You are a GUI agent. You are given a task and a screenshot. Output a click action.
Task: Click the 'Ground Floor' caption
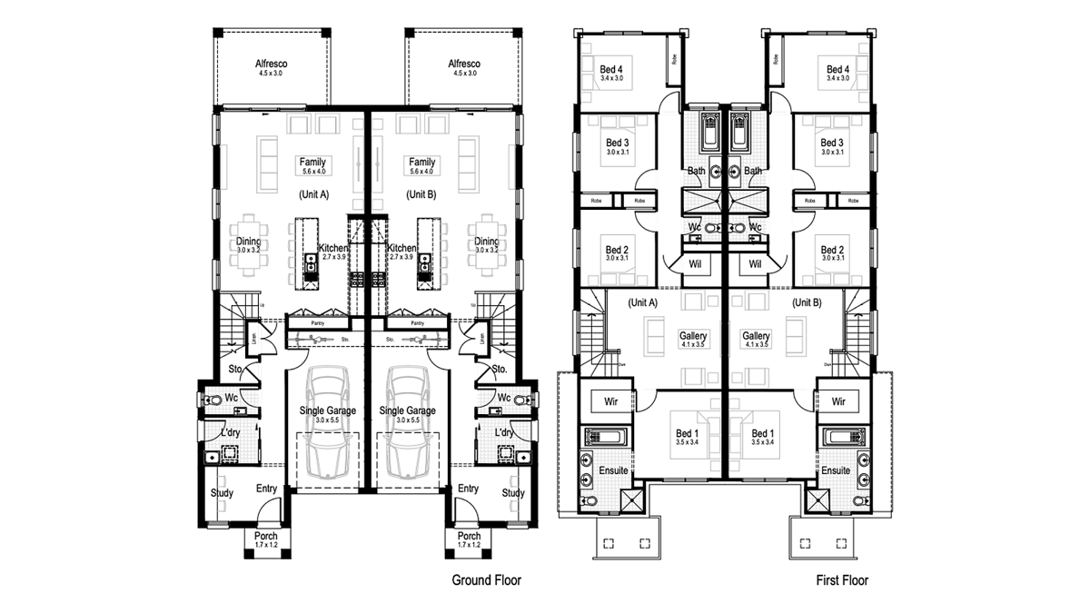[487, 579]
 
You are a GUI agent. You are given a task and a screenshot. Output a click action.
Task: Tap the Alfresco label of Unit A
[272, 64]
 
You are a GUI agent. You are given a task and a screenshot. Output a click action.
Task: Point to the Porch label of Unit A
[266, 536]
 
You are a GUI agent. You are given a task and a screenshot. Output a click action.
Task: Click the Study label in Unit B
[513, 493]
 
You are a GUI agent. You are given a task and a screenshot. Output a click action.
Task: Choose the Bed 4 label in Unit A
[611, 69]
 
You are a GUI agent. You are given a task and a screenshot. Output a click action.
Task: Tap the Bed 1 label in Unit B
[763, 434]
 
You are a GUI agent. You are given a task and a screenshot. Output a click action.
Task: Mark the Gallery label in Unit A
[693, 336]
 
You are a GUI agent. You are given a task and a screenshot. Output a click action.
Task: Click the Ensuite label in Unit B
[836, 470]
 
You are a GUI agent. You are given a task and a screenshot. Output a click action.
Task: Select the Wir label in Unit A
[611, 400]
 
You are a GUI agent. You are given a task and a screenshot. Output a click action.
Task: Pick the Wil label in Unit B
[754, 264]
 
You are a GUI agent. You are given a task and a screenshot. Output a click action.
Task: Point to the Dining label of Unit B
[487, 242]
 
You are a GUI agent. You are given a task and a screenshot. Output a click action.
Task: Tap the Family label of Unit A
[312, 162]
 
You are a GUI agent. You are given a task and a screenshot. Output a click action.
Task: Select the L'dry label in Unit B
[505, 433]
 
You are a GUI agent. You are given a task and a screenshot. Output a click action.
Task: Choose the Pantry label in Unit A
[318, 322]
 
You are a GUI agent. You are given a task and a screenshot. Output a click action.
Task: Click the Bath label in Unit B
[753, 171]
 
